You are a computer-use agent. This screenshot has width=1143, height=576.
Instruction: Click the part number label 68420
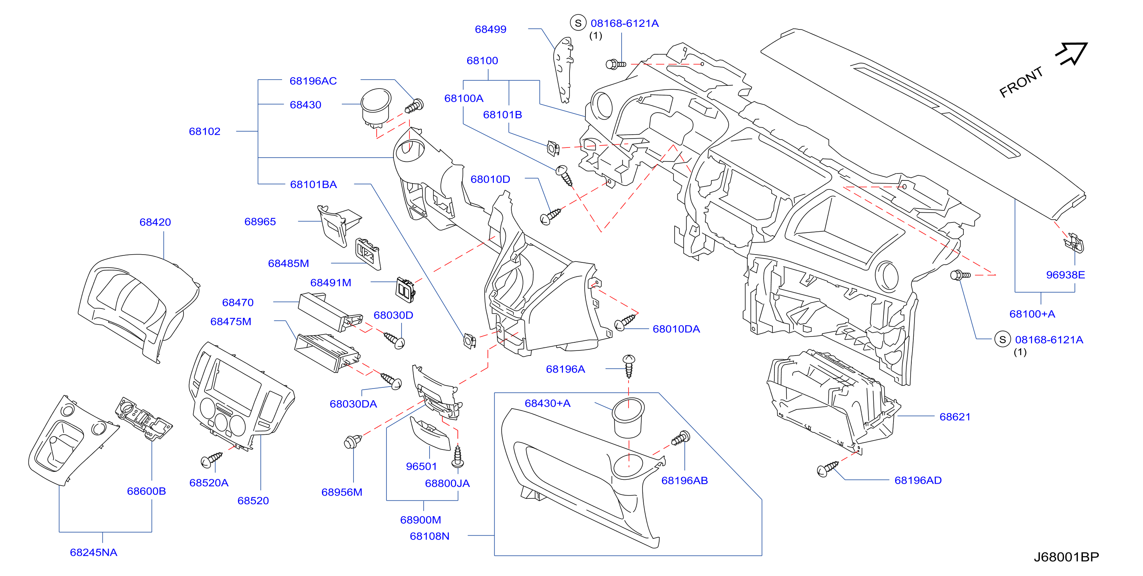pyautogui.click(x=155, y=222)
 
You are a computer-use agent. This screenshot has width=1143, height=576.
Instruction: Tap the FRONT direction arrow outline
pyautogui.click(x=1072, y=54)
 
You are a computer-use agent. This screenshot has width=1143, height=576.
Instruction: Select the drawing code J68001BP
pyautogui.click(x=1066, y=557)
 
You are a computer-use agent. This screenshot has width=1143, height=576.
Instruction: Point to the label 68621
pyautogui.click(x=955, y=417)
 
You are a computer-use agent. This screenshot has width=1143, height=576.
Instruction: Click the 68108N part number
pyautogui.click(x=429, y=536)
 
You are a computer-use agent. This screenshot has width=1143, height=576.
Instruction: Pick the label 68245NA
pyautogui.click(x=94, y=552)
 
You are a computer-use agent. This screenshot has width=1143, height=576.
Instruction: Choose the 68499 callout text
pyautogui.click(x=490, y=29)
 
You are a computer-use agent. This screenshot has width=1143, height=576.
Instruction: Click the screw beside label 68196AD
pyautogui.click(x=828, y=468)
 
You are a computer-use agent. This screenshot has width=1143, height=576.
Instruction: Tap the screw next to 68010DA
pyautogui.click(x=625, y=322)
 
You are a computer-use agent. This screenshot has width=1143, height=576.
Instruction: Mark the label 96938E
pyautogui.click(x=1065, y=275)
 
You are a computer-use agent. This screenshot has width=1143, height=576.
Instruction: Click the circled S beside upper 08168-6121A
pyautogui.click(x=578, y=23)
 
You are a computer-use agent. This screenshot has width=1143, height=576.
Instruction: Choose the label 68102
pyautogui.click(x=204, y=131)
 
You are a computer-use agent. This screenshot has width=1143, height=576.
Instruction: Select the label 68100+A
pyautogui.click(x=1032, y=314)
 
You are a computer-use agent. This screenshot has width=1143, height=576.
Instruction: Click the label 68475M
pyautogui.click(x=231, y=321)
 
